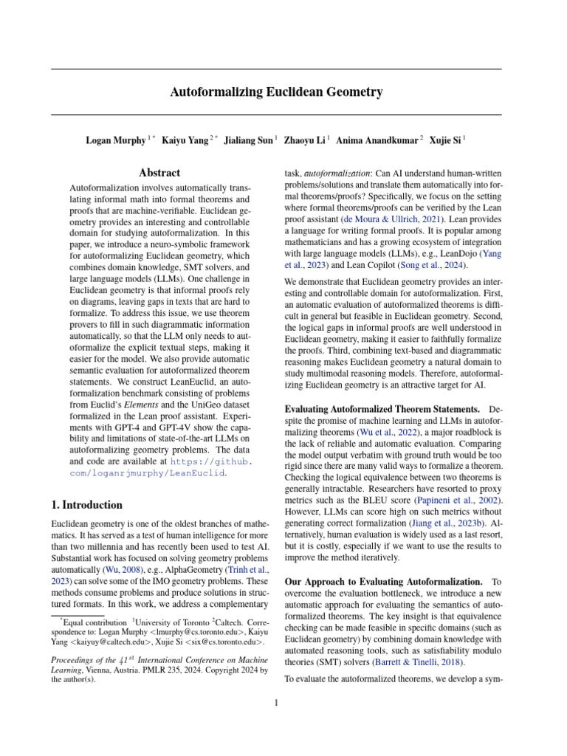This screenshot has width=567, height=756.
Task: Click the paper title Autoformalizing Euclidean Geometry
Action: click(277, 92)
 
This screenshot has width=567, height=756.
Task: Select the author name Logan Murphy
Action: click(114, 140)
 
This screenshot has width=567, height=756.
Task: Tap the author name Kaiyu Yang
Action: click(185, 140)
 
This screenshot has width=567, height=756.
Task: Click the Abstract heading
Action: click(160, 173)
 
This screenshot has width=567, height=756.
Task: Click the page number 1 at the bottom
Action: click(276, 702)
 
